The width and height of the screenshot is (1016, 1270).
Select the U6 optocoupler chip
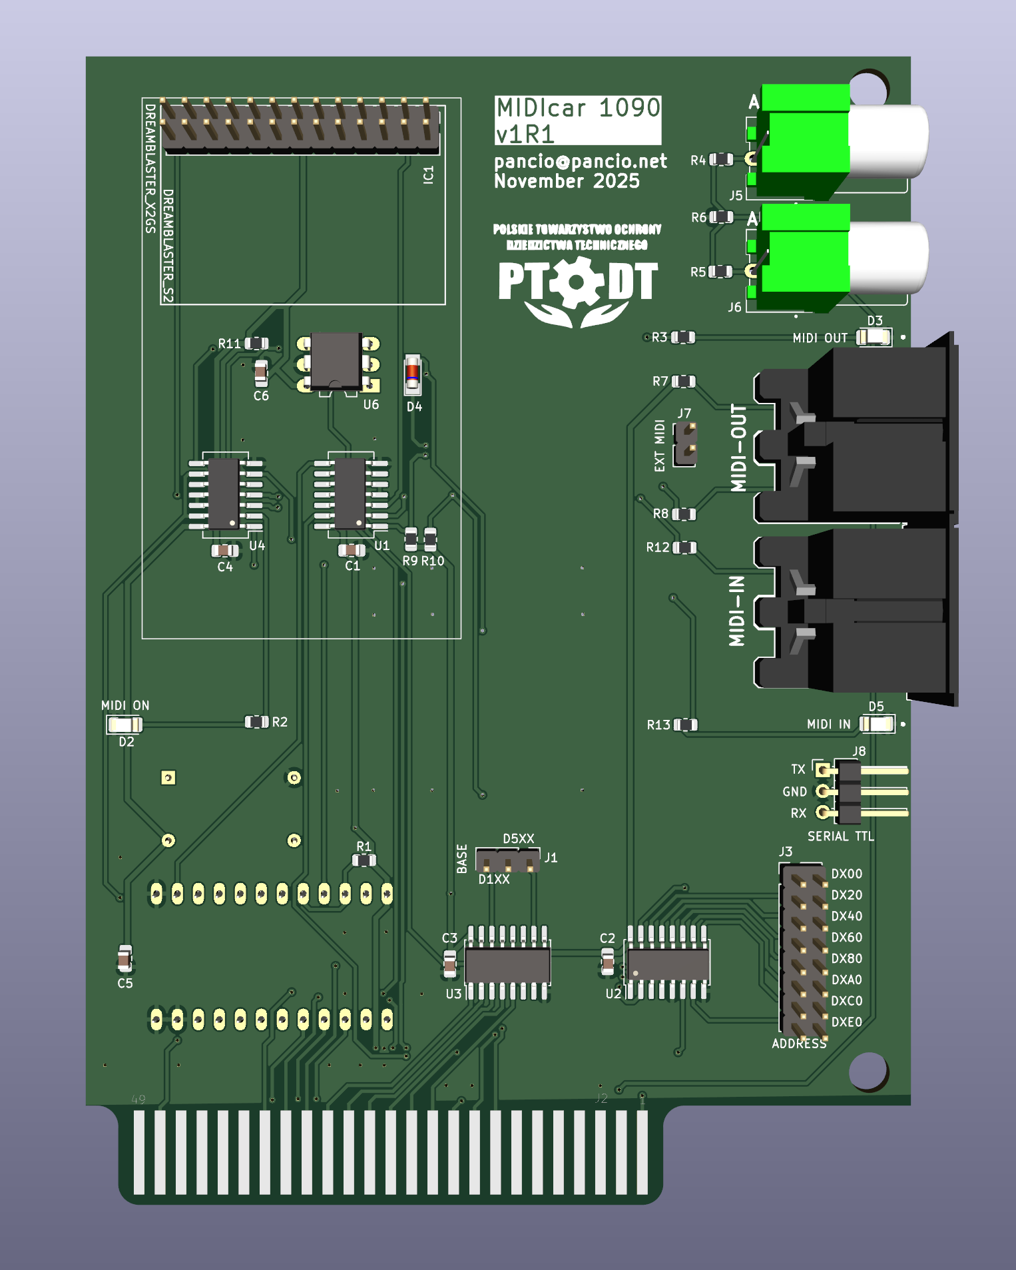[336, 360]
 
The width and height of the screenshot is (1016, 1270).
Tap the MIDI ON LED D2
[125, 724]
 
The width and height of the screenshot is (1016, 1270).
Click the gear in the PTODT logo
[577, 282]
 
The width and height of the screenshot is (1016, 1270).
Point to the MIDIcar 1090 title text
[578, 108]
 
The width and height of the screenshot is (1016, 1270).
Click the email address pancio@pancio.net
[580, 161]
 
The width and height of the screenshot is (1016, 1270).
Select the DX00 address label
[846, 874]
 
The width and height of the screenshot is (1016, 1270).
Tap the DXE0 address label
[846, 1022]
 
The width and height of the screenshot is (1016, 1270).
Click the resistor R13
[686, 725]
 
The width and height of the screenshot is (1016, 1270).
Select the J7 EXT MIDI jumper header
[685, 444]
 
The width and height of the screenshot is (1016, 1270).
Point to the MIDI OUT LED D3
[874, 337]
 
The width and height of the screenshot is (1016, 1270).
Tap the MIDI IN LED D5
[877, 724]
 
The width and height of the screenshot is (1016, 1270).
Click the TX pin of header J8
[824, 771]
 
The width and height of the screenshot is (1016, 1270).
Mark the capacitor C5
[125, 959]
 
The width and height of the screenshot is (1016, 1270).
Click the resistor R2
[256, 722]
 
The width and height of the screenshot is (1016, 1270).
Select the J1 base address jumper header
[508, 860]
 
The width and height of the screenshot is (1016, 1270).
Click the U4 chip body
[224, 493]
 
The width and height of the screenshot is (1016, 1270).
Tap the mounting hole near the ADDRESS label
[868, 1070]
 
